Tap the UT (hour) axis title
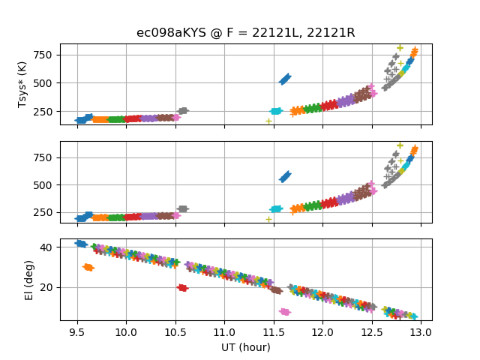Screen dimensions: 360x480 tap(245, 347)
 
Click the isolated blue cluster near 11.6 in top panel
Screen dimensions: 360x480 tap(285, 79)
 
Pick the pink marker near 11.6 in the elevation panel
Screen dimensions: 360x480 tap(284, 311)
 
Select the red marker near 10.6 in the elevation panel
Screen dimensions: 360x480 tap(182, 287)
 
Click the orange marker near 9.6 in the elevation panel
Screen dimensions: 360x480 tap(88, 267)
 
